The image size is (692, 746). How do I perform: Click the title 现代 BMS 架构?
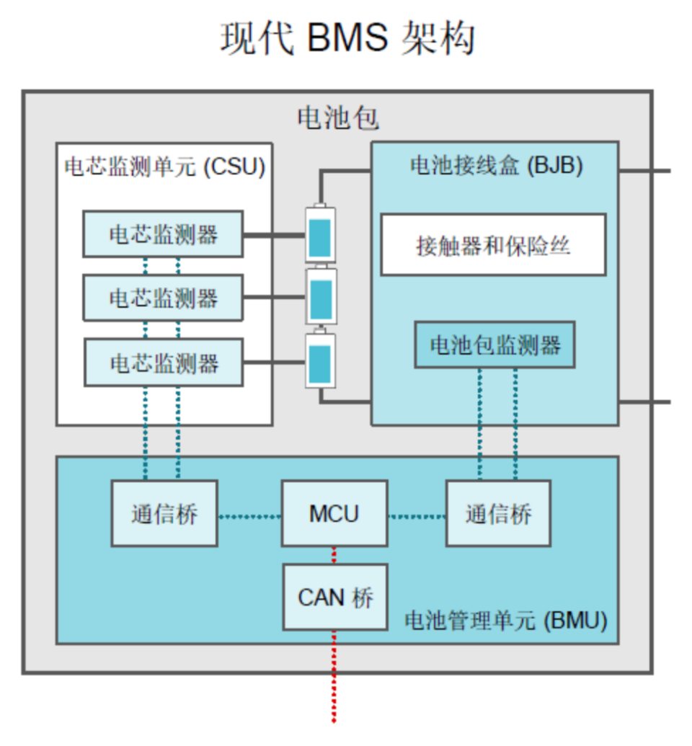click(347, 39)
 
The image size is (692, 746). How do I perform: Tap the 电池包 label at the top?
click(337, 118)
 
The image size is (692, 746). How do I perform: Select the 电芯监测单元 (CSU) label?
click(165, 167)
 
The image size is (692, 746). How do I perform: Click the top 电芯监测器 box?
click(163, 234)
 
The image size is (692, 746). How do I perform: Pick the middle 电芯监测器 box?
click(163, 298)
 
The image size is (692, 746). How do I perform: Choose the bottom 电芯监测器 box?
click(164, 363)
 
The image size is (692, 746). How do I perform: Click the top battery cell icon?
click(320, 234)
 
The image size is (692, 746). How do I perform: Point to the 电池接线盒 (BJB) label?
click(496, 166)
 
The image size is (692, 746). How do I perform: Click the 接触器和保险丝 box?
click(493, 245)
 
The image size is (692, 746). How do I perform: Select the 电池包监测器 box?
click(495, 345)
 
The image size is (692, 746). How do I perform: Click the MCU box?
click(334, 514)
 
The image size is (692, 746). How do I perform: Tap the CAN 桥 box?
click(334, 598)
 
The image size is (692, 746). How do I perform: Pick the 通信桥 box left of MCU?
click(164, 514)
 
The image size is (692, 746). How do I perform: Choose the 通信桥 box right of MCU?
click(498, 514)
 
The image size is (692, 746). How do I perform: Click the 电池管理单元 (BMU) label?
click(506, 621)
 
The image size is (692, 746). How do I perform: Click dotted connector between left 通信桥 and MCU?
click(249, 516)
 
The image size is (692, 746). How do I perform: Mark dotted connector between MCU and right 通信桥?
click(417, 516)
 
